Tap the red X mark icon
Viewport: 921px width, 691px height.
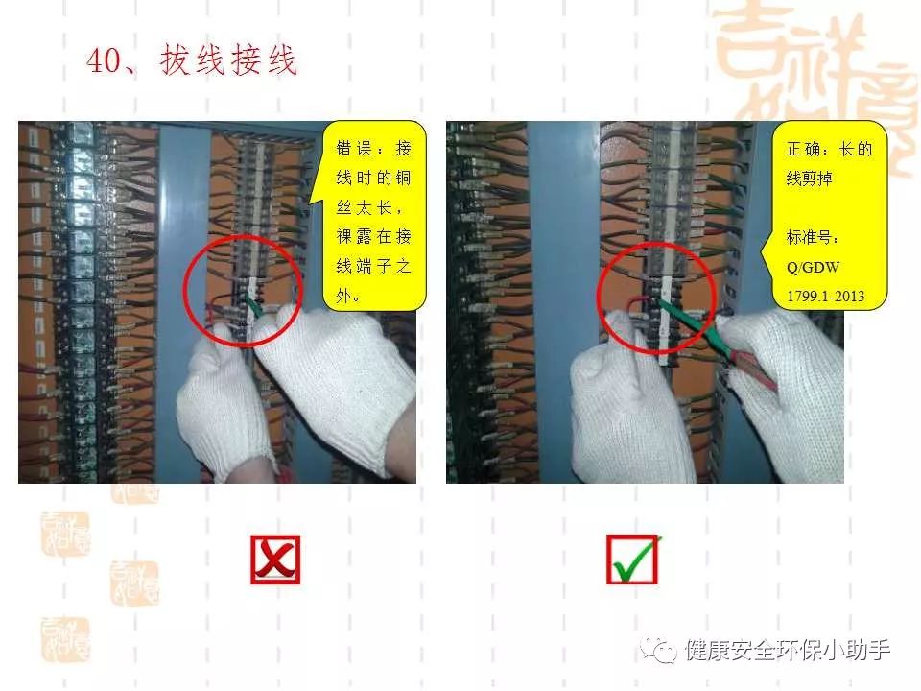pos(275,560)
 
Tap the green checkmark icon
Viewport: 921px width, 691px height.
pos(632,560)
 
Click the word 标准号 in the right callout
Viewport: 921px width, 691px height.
pos(810,237)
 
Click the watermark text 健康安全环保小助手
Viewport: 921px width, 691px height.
pos(788,651)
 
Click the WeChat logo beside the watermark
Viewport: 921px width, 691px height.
pos(662,650)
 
